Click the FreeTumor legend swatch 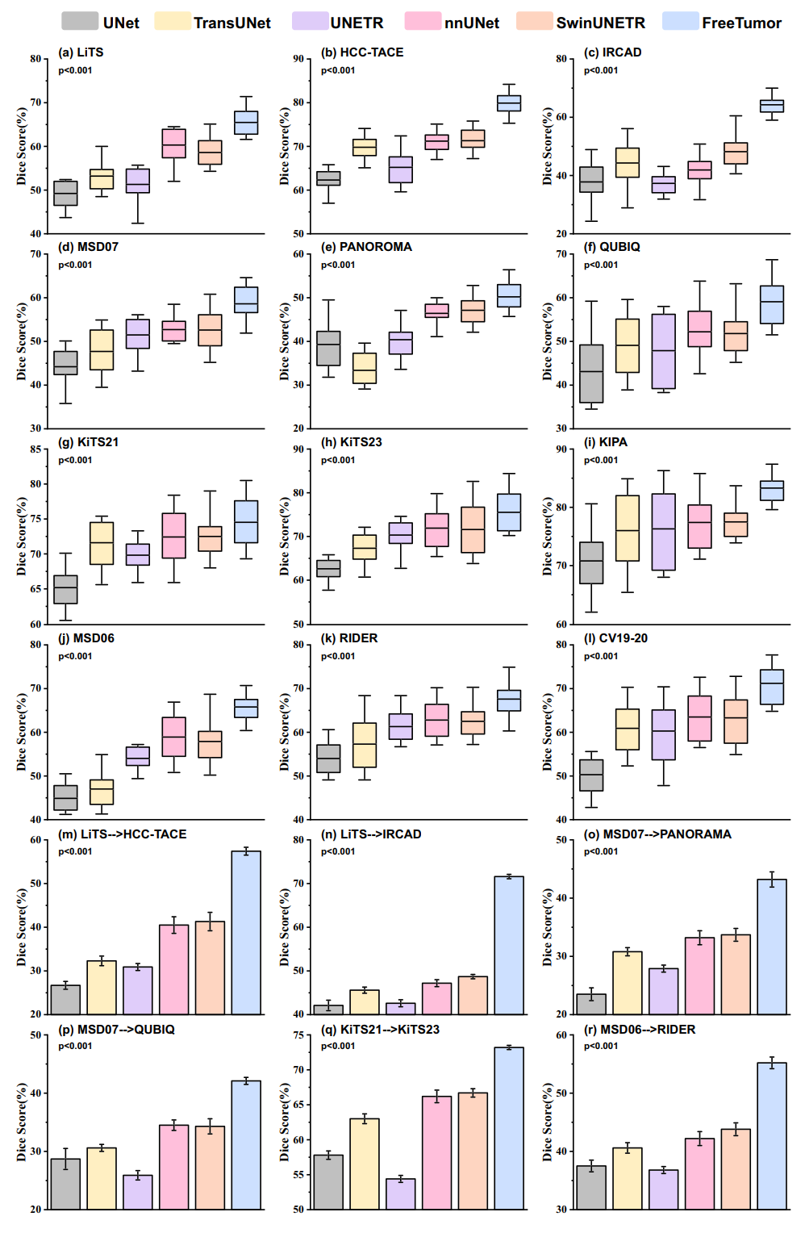tap(679, 22)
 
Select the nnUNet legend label tap(471, 23)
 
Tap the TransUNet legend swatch tap(172, 22)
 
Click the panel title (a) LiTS tap(81, 52)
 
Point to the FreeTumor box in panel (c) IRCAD tap(772, 106)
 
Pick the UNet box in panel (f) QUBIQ tap(591, 374)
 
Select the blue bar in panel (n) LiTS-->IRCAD tap(509, 945)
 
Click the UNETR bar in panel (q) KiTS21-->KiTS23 tap(401, 1193)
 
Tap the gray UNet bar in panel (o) tap(591, 1004)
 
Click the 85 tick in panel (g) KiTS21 tap(35, 449)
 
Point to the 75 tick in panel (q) tap(298, 1035)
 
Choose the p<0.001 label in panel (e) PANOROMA tap(338, 265)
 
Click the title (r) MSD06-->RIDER tap(640, 1030)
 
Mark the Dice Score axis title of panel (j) tap(22, 732)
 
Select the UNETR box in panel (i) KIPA tap(664, 532)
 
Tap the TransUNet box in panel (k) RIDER tap(365, 745)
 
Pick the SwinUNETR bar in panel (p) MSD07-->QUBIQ tap(210, 1167)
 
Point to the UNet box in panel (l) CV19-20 tap(591, 775)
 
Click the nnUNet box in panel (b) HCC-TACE tap(437, 142)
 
